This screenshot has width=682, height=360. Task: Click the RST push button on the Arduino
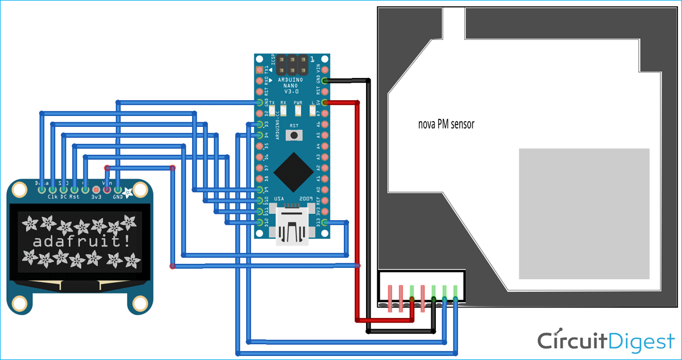point(293,135)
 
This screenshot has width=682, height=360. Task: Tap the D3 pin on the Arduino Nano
point(260,124)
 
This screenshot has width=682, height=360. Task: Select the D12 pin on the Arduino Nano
point(260,222)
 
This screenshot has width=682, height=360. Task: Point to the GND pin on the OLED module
point(118,189)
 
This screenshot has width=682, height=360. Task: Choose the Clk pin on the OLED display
point(52,189)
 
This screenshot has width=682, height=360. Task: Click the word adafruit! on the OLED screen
point(80,241)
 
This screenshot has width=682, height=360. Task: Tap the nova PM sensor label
point(446,125)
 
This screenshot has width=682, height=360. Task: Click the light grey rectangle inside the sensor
point(584,213)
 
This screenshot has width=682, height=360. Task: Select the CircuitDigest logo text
point(606,341)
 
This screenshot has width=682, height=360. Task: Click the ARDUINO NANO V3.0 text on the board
point(293,86)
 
